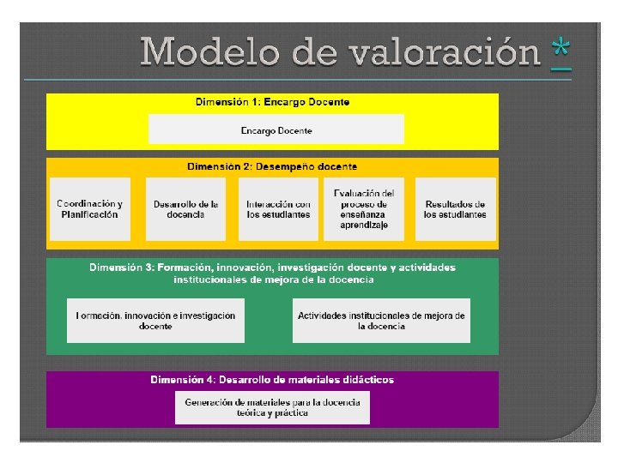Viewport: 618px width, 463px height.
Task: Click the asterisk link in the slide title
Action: (x=562, y=53)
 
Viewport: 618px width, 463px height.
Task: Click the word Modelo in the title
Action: (x=209, y=52)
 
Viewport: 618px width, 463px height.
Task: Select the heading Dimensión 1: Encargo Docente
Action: (x=272, y=102)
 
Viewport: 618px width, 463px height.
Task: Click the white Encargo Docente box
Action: (x=276, y=130)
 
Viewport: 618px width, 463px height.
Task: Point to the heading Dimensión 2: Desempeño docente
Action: (x=272, y=166)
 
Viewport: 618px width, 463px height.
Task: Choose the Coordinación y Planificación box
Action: (x=90, y=209)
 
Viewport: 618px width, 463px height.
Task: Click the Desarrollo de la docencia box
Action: (x=185, y=209)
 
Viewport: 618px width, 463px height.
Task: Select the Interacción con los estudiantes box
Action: (x=278, y=209)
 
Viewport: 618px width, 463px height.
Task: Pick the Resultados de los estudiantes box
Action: (x=455, y=209)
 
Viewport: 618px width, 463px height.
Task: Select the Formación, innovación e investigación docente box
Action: (x=155, y=321)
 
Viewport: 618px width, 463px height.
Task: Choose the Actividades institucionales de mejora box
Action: (x=381, y=321)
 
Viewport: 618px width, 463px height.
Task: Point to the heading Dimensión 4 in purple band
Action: (x=272, y=379)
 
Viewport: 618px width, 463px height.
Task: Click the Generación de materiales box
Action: (x=272, y=407)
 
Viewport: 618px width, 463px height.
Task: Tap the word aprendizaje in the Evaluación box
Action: (x=364, y=225)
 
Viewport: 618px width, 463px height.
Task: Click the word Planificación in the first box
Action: (x=90, y=214)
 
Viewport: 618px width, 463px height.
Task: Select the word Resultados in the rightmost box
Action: (x=455, y=204)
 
